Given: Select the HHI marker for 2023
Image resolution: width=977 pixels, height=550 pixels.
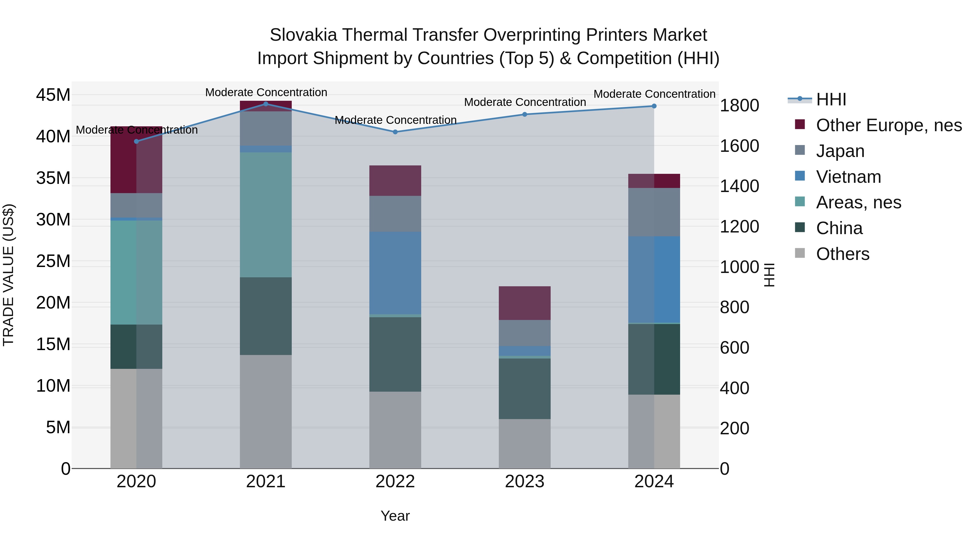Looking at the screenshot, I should [525, 114].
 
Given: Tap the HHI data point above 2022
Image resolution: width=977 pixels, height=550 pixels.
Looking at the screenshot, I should [395, 132].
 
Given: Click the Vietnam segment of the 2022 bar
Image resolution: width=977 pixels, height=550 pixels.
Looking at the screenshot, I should [395, 273].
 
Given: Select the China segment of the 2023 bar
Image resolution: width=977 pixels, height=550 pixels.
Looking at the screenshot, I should [525, 388].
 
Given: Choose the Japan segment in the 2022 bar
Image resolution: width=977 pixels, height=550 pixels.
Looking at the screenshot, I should [395, 214].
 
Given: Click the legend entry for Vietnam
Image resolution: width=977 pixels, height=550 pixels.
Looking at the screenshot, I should [848, 177].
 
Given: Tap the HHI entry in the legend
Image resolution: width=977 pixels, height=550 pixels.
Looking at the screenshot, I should [831, 99].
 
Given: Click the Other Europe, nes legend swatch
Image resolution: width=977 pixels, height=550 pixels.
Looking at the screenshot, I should [800, 124].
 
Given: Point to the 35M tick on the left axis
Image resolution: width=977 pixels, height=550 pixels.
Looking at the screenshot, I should [53, 178].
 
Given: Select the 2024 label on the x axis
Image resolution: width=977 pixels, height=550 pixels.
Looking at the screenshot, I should [654, 482].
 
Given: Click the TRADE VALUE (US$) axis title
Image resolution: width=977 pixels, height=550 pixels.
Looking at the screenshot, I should [8, 275].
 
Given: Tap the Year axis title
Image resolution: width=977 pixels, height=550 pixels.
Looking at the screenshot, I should [395, 516].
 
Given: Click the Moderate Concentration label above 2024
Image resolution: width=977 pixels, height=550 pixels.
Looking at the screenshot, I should [654, 94].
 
